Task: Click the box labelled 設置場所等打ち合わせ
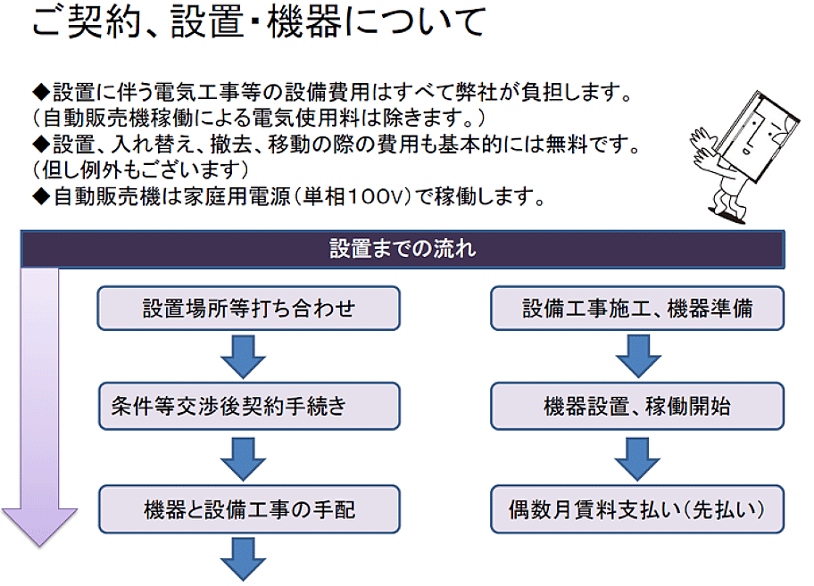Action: click(x=249, y=308)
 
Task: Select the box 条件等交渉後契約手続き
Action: click(x=249, y=406)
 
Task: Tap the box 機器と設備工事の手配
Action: click(x=249, y=508)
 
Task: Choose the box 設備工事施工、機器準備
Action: click(x=637, y=308)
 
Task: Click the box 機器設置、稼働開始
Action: click(x=637, y=406)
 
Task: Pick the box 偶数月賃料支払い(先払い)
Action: click(x=637, y=508)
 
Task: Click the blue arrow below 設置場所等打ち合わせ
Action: click(x=243, y=357)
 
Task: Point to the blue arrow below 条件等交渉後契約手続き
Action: click(x=243, y=459)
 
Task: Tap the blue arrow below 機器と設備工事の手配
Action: click(x=243, y=558)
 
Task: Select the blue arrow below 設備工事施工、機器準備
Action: click(x=638, y=356)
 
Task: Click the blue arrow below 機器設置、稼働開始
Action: click(x=637, y=459)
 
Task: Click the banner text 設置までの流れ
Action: click(x=403, y=249)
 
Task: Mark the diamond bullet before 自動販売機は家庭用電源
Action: click(x=41, y=197)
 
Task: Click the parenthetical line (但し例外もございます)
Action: click(x=141, y=170)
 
